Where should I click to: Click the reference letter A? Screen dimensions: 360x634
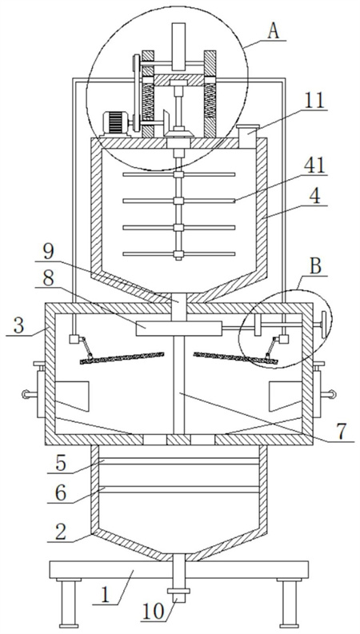pos(274,31)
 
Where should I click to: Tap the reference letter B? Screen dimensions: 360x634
pos(315,267)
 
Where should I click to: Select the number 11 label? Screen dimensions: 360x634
pos(314,101)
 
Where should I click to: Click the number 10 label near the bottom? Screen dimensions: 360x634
pos(153,612)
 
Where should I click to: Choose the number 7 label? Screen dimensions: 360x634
pos(342,432)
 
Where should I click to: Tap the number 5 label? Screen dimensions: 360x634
pos(60,464)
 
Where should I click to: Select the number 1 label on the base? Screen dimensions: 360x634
pos(104,596)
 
